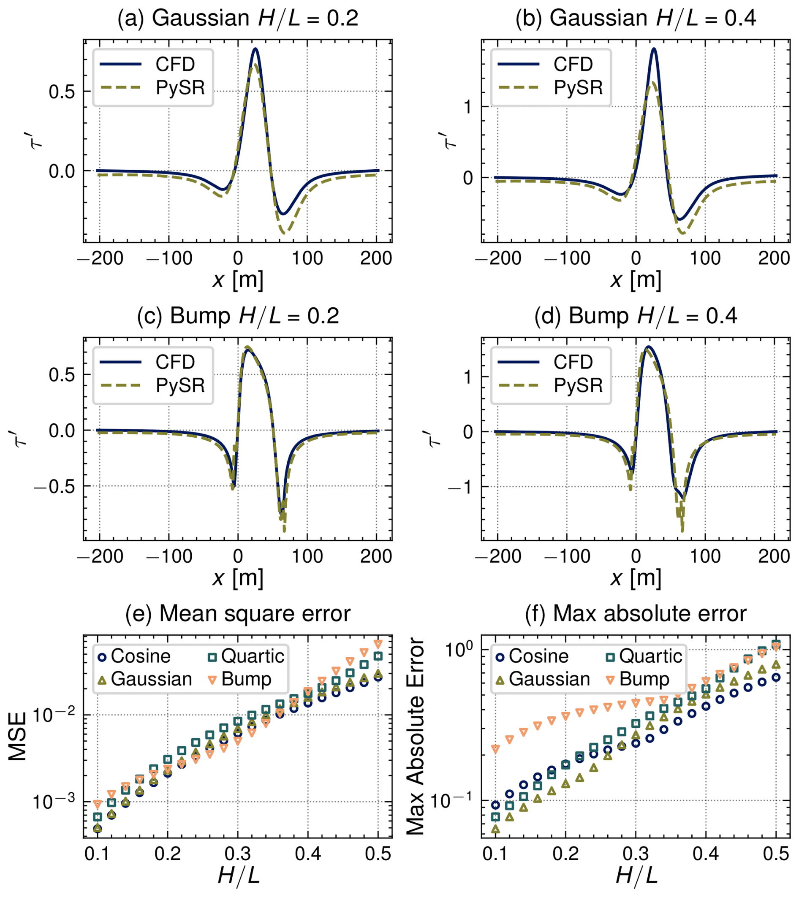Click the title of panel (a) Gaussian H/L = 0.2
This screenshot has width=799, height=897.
[x=237, y=19]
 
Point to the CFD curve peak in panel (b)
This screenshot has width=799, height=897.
[x=654, y=49]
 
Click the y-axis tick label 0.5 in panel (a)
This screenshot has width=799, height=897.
[x=62, y=92]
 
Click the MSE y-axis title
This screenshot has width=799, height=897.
[x=18, y=737]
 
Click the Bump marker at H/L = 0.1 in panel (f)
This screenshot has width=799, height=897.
[x=496, y=749]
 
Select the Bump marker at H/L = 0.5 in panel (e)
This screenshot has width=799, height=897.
[x=378, y=644]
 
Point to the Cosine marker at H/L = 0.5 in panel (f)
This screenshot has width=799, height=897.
[x=776, y=677]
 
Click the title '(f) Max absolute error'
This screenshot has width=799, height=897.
[x=636, y=613]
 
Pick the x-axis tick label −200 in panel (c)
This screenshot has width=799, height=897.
[x=100, y=556]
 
